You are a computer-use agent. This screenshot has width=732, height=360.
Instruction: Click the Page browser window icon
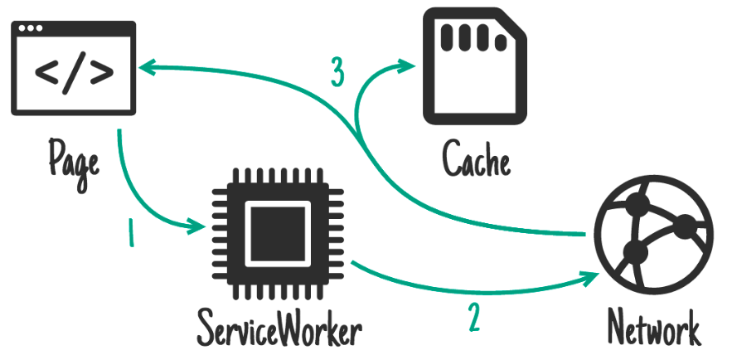pos(73,68)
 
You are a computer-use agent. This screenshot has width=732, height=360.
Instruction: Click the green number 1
pos(130,235)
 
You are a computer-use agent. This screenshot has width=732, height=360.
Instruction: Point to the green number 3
pos(337,74)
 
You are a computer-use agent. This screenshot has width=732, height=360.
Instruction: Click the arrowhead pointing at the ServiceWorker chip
pos(199,224)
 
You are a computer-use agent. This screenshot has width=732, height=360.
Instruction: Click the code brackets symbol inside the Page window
pos(74,73)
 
